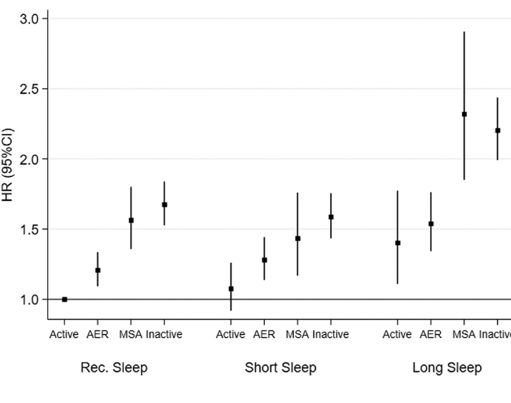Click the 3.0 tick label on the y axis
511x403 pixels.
click(30, 19)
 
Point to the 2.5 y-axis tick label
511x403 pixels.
click(30, 89)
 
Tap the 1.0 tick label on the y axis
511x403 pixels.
click(30, 299)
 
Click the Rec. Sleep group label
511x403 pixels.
click(114, 368)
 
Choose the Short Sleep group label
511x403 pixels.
click(281, 368)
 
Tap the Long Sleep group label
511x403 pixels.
click(447, 368)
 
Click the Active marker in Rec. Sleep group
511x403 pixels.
click(64, 299)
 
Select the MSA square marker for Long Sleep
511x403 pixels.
click(464, 114)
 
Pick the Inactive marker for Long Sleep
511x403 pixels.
click(497, 130)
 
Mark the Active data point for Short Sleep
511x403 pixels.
click(231, 289)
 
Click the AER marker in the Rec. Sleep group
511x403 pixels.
click(98, 270)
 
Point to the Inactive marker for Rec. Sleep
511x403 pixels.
click(164, 204)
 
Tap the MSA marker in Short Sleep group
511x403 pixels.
click(297, 238)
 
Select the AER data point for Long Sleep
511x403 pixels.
click(431, 224)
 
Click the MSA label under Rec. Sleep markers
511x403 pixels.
click(131, 335)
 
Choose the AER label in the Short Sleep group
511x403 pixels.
click(264, 335)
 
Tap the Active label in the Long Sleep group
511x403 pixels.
click(397, 335)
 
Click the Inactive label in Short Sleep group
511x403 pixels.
click(331, 335)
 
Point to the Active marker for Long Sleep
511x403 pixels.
click(398, 243)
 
